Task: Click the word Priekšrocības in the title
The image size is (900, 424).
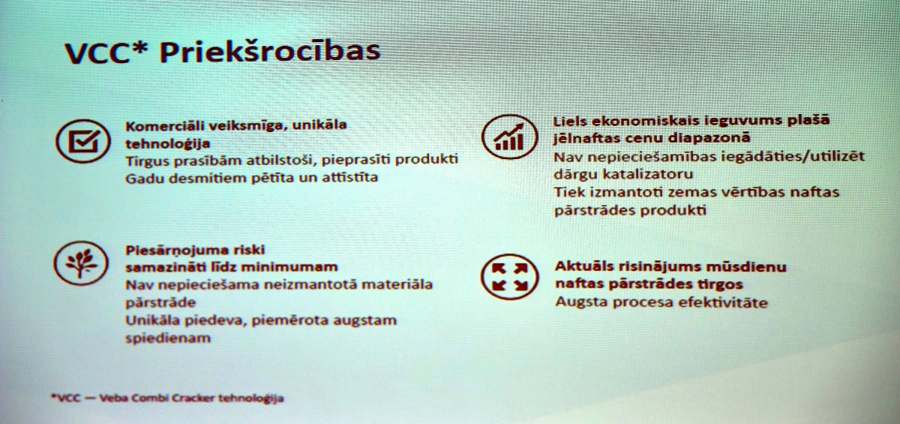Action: (x=269, y=52)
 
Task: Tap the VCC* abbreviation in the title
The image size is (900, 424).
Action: (x=106, y=53)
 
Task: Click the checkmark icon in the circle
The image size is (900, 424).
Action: (x=83, y=141)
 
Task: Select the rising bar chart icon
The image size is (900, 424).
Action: (x=509, y=137)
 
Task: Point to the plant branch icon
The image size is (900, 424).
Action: (x=81, y=263)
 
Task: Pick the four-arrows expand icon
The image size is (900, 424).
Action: (x=509, y=276)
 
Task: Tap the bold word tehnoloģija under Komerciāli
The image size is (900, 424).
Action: (x=168, y=144)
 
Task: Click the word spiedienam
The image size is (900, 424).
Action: (x=168, y=338)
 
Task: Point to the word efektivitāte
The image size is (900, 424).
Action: (x=723, y=302)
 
